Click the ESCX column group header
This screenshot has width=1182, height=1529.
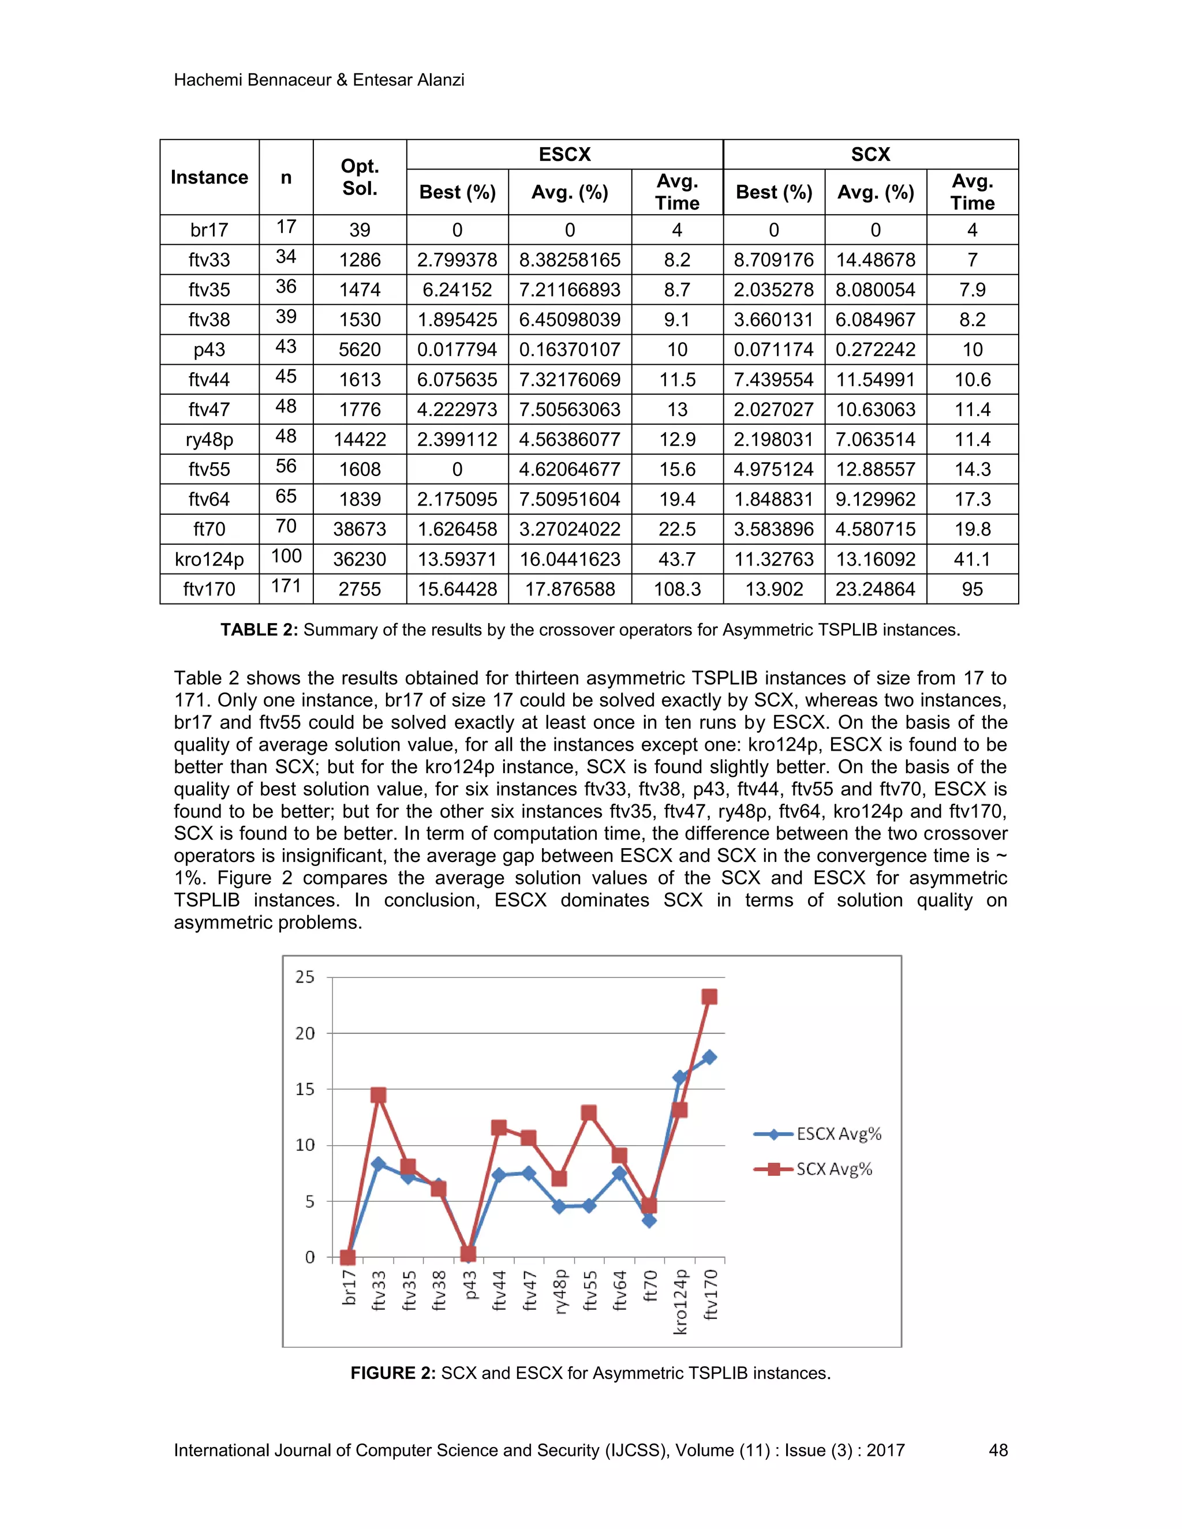tap(564, 154)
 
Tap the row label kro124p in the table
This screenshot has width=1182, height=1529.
tap(210, 559)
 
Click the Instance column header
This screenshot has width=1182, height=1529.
tap(210, 177)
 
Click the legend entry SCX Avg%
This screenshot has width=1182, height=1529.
tap(834, 1168)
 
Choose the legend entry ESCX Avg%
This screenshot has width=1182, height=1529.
tap(838, 1133)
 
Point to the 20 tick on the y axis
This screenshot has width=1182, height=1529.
tap(305, 1033)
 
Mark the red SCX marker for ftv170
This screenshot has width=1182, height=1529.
tap(709, 996)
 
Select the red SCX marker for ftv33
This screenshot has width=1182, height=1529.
tap(378, 1095)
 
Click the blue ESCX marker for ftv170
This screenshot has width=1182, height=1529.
tap(709, 1057)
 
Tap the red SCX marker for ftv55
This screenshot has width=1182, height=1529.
tap(589, 1113)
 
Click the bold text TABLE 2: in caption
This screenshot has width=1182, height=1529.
tap(259, 629)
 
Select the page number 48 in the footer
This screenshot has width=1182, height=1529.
tap(998, 1450)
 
